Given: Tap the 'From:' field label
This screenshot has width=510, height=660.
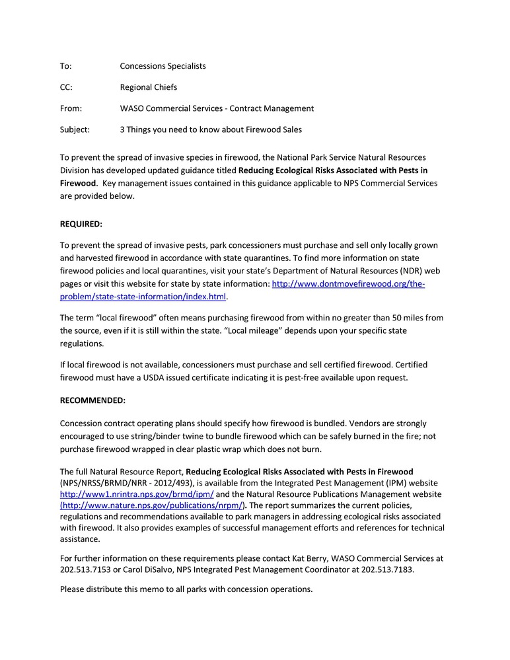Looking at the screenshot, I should [x=71, y=108].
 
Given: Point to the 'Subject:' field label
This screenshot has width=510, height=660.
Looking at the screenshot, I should [x=75, y=129].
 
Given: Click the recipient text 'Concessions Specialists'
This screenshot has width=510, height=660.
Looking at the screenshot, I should [x=163, y=66].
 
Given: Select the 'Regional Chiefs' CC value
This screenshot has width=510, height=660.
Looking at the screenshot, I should [x=148, y=87].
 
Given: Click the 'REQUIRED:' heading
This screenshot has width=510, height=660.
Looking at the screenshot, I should [x=81, y=224].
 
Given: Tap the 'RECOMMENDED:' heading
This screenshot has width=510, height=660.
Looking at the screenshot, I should [x=92, y=400].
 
